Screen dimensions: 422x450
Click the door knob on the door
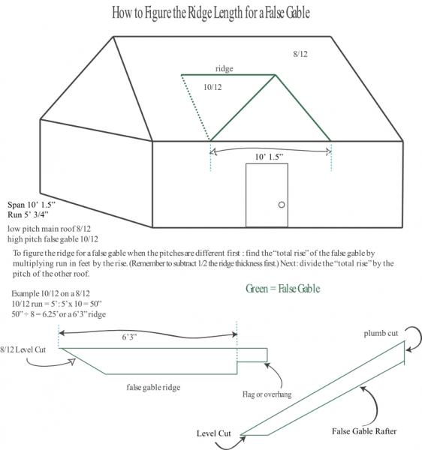click(282, 205)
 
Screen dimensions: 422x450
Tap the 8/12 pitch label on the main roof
click(300, 54)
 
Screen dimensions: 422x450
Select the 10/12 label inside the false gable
click(213, 87)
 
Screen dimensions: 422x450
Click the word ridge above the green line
click(225, 69)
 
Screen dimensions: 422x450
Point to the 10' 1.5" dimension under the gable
click(269, 157)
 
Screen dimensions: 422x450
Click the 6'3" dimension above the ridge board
click(129, 337)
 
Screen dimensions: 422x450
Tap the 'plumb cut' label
click(381, 333)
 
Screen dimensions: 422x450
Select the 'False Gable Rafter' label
click(364, 431)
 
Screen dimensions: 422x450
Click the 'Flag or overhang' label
click(267, 394)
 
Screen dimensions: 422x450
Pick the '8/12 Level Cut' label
click(23, 349)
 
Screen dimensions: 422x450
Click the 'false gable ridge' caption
click(153, 388)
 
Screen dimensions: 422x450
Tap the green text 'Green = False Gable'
click(282, 289)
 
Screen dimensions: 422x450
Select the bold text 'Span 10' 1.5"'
click(32, 205)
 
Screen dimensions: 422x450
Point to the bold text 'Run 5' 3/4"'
click(28, 214)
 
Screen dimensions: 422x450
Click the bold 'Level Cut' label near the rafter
click(214, 433)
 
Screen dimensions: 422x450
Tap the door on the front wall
click(267, 196)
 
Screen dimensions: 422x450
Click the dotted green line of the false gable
click(196, 107)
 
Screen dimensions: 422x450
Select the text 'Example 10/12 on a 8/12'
click(51, 293)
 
